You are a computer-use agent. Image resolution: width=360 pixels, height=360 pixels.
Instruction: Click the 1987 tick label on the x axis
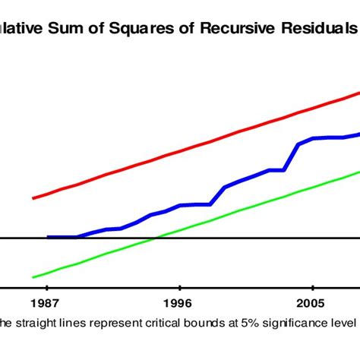tap(47, 300)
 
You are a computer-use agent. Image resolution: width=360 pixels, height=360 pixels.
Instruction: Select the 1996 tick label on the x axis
tap(180, 300)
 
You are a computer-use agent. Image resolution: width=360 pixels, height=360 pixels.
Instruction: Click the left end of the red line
tap(33, 198)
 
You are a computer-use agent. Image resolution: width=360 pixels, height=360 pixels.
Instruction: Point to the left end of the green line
tap(33, 277)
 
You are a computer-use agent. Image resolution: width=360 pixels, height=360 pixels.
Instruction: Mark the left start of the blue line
tap(48, 237)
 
